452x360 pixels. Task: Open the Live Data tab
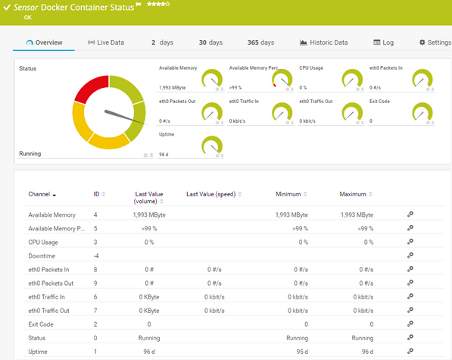pyautogui.click(x=106, y=42)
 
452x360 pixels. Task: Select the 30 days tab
pyautogui.click(x=210, y=42)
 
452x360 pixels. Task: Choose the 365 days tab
pyautogui.click(x=260, y=42)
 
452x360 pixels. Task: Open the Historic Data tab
pyautogui.click(x=323, y=42)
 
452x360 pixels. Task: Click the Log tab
pyautogui.click(x=383, y=42)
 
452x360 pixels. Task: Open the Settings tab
pyautogui.click(x=435, y=42)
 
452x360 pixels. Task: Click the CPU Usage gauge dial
pyautogui.click(x=352, y=78)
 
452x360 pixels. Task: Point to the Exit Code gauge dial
pyautogui.click(x=422, y=112)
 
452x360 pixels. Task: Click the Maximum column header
pyautogui.click(x=353, y=195)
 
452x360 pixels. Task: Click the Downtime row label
pyautogui.click(x=42, y=255)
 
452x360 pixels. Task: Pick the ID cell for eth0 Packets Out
pyautogui.click(x=95, y=283)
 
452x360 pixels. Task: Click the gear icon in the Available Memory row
pyautogui.click(x=410, y=214)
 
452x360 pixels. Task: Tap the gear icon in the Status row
pyautogui.click(x=410, y=337)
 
